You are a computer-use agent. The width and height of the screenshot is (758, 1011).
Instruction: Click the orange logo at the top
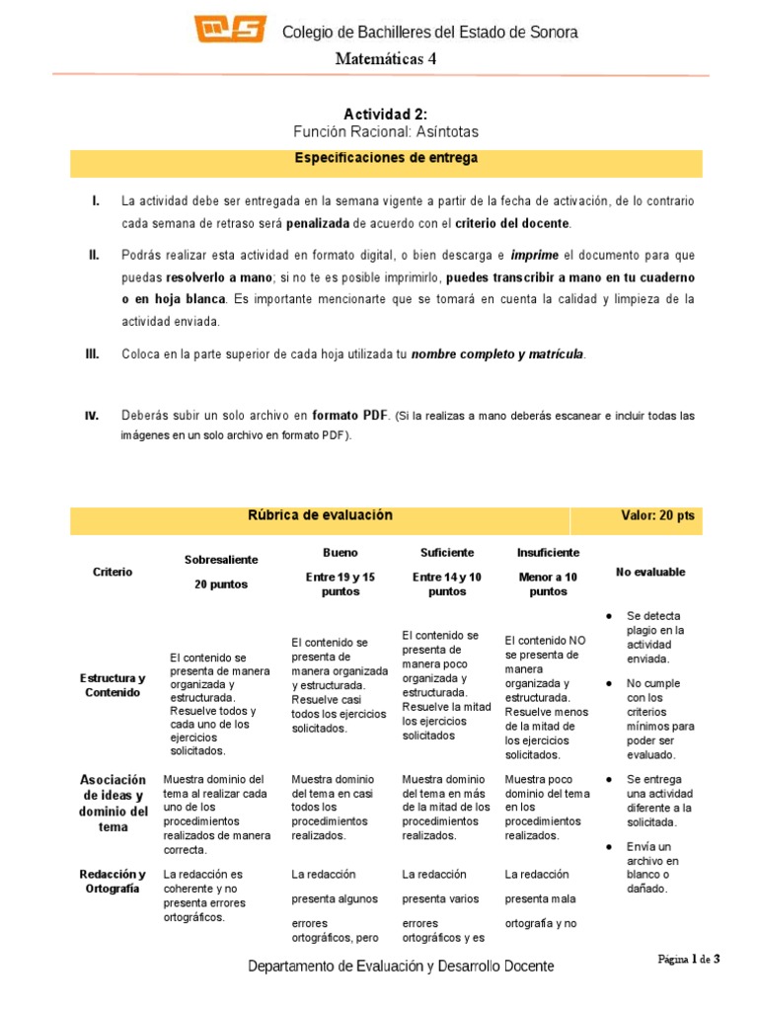coord(230,31)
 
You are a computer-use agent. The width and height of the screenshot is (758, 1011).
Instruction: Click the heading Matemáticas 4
coord(385,59)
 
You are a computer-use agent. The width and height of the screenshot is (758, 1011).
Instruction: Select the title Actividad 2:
coord(386,115)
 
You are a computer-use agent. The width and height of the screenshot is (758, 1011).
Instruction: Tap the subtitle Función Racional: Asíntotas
coord(386,131)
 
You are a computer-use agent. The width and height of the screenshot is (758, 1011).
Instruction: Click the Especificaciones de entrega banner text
coord(386,157)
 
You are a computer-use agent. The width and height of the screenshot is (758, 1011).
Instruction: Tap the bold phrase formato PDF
coord(351,416)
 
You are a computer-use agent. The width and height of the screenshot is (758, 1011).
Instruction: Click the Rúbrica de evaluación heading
coord(320,515)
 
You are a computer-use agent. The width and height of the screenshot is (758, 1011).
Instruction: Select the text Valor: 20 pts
coord(657,515)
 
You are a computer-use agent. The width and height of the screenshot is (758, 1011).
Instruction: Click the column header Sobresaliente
coord(221,560)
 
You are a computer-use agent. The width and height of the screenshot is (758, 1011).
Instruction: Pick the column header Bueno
coord(341,553)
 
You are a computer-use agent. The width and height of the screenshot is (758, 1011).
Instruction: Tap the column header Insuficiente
coord(549,553)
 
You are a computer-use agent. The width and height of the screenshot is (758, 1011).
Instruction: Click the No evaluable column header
coord(650,572)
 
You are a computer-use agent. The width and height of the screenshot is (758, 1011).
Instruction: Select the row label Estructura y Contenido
coord(113,685)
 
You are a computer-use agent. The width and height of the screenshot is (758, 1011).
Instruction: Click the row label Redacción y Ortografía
coord(113,882)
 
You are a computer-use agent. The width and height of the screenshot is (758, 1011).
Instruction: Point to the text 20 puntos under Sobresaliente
coord(221,584)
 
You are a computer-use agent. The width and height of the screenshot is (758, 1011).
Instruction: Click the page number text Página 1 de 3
coord(690,958)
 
